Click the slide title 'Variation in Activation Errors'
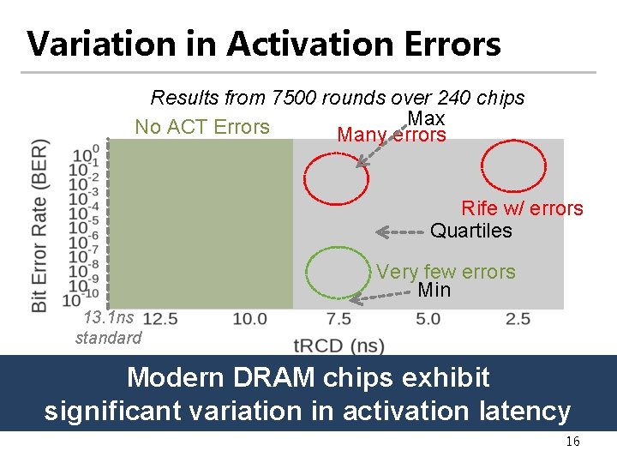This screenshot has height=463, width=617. [x=264, y=44]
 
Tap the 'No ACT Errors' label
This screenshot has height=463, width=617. [x=202, y=127]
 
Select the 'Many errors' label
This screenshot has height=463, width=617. [x=392, y=135]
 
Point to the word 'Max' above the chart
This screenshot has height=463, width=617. [x=426, y=118]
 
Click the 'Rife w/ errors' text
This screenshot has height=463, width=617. [x=521, y=208]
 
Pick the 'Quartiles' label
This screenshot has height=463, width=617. [x=470, y=231]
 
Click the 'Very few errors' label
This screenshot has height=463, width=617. [x=446, y=272]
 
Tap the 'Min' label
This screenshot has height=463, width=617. [x=434, y=290]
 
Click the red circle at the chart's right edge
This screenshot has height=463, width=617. [x=513, y=165]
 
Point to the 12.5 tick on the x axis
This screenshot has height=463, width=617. [x=160, y=319]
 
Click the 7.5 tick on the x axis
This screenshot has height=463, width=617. [x=338, y=319]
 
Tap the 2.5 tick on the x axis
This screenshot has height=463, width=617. [x=517, y=319]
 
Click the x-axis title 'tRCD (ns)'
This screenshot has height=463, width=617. [x=338, y=346]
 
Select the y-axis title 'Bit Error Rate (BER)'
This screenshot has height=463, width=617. [x=39, y=225]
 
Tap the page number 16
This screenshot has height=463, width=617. [x=572, y=442]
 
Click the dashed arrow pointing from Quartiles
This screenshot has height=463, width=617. [x=401, y=231]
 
